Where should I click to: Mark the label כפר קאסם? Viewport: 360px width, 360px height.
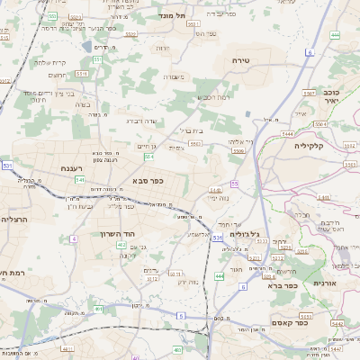[312, 319]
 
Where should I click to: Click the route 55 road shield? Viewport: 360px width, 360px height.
[234, 184]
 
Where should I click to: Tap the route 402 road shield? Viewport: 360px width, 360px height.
[121, 244]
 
